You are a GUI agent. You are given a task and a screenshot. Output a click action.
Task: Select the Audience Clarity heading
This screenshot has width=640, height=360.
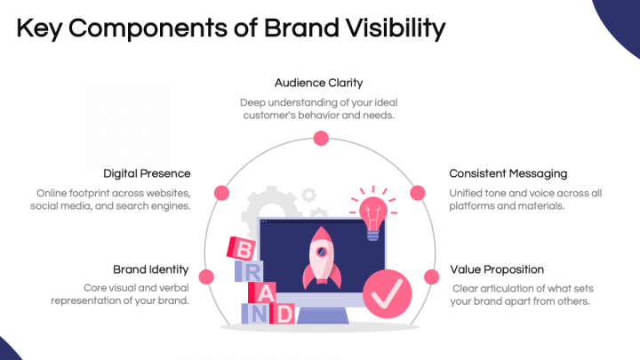(x=318, y=84)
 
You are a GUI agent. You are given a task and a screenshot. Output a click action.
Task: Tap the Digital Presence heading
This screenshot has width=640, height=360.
(x=147, y=173)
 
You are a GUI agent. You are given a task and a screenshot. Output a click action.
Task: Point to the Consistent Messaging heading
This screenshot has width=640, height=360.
(x=508, y=173)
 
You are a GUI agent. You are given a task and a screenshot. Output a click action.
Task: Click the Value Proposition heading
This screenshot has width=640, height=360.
(x=497, y=269)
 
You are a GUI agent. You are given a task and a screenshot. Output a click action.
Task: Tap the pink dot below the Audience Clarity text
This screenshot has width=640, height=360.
(x=320, y=138)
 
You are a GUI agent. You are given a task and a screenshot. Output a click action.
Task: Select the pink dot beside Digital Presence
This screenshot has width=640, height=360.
(x=222, y=191)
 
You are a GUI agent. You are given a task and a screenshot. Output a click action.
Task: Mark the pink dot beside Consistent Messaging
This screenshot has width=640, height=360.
(x=417, y=191)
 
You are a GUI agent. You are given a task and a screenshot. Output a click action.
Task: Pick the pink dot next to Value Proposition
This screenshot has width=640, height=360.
(x=433, y=276)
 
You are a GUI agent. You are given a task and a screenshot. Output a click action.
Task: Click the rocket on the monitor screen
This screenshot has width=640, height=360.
(x=319, y=257)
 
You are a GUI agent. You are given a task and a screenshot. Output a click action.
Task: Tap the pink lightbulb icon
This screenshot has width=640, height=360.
(x=372, y=213)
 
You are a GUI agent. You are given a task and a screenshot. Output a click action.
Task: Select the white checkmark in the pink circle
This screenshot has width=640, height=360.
(x=388, y=290)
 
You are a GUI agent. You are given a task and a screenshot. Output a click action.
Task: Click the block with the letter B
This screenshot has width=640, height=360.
(x=241, y=249)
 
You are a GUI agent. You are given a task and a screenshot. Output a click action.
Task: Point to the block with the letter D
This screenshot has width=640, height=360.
(x=282, y=313)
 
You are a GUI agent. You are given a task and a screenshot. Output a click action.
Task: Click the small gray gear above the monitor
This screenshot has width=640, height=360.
(x=309, y=194)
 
